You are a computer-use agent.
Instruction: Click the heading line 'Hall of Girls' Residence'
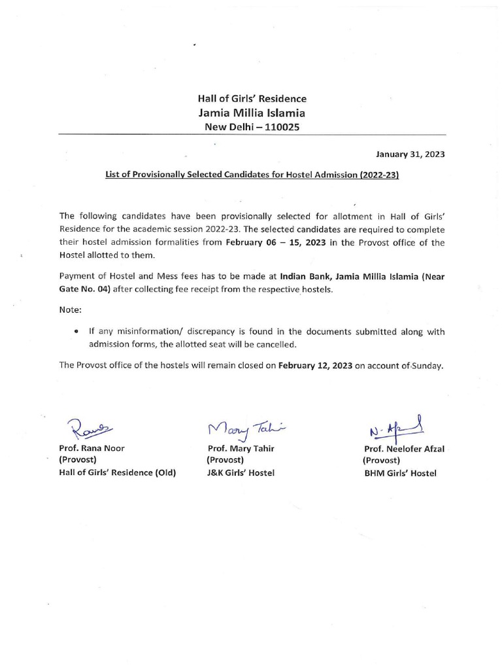coord(252,99)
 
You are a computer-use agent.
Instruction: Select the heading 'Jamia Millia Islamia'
coord(252,113)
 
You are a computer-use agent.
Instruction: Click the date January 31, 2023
coord(410,155)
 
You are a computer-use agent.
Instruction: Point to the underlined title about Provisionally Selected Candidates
coord(251,176)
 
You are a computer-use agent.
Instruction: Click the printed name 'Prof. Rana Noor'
coord(92,448)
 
